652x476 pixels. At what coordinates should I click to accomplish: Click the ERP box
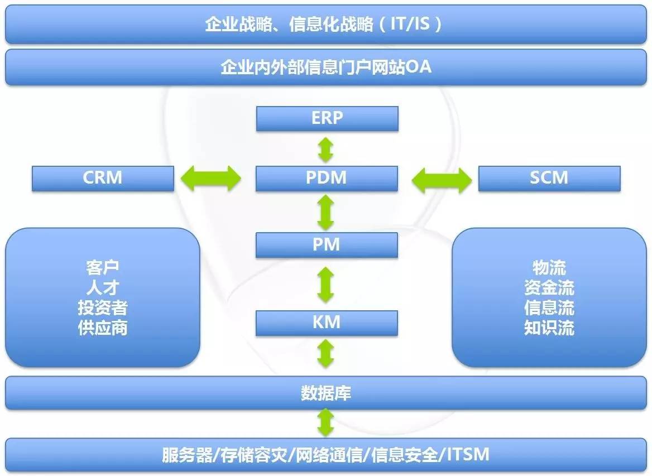(x=327, y=119)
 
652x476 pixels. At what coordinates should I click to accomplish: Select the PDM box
(x=327, y=179)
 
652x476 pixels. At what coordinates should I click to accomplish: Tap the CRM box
(x=103, y=179)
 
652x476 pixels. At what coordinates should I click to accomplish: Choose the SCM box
(x=549, y=179)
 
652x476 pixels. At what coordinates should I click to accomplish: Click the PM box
(x=327, y=245)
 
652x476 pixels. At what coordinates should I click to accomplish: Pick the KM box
(x=327, y=323)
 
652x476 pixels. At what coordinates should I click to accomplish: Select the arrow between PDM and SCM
(x=441, y=179)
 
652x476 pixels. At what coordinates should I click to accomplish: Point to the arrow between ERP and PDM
(x=326, y=149)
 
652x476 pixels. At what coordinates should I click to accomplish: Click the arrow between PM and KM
(x=326, y=285)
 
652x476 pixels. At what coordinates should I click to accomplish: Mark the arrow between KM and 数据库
(x=326, y=353)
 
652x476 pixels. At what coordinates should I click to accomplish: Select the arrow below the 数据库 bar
(x=326, y=422)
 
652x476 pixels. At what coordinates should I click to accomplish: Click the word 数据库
(x=326, y=393)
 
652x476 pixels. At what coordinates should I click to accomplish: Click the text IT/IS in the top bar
(x=410, y=24)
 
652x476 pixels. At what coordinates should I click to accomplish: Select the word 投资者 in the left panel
(x=103, y=307)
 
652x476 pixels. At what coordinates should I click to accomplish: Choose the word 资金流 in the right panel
(x=549, y=288)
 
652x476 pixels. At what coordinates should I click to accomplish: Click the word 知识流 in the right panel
(x=549, y=328)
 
